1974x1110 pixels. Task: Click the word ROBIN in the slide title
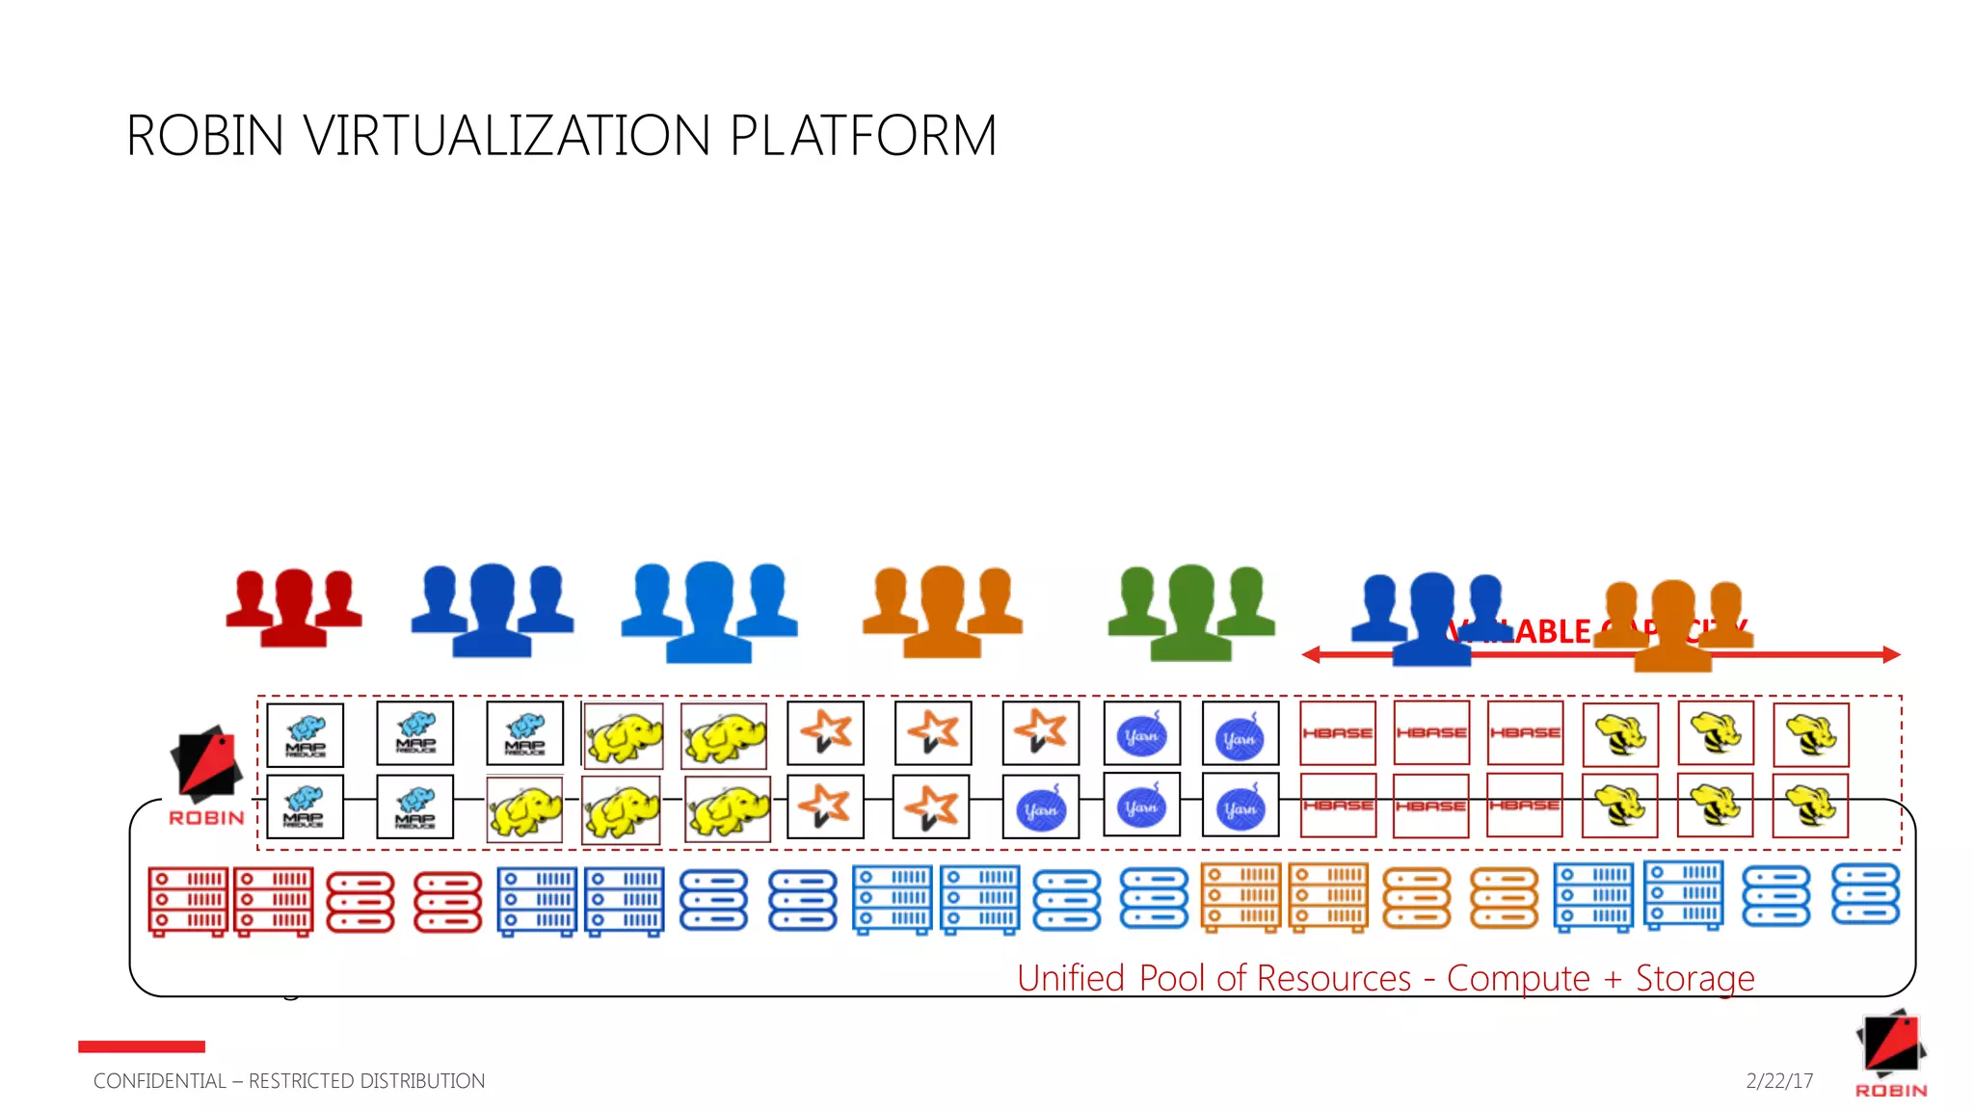tap(205, 136)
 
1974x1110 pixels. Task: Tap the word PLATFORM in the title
tap(863, 136)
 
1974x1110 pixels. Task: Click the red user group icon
tap(293, 606)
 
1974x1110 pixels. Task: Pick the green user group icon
tap(1191, 611)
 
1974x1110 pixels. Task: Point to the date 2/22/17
tap(1779, 1081)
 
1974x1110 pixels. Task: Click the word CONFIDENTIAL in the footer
tap(159, 1081)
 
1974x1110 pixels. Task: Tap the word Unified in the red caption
tap(1071, 978)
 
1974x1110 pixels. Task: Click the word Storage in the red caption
tap(1694, 978)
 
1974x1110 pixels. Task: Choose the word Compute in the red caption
tap(1518, 978)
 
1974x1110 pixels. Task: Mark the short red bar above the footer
tap(142, 1046)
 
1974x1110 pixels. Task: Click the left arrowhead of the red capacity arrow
tap(1310, 655)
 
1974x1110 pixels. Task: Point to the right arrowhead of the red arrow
tap(1892, 655)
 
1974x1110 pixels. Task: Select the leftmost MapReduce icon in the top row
tap(305, 735)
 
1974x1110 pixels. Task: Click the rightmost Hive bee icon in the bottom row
tap(1810, 806)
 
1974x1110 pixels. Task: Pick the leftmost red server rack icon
tap(188, 901)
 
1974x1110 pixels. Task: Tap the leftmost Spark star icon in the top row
tap(826, 733)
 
